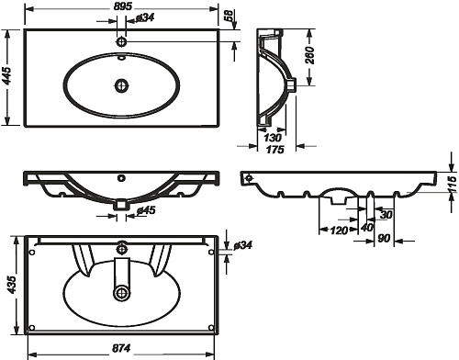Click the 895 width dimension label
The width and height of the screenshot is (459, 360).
click(x=121, y=6)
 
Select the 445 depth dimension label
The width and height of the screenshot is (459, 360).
click(x=6, y=76)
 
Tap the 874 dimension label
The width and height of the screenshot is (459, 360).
click(x=121, y=348)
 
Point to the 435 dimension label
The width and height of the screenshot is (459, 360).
click(x=11, y=285)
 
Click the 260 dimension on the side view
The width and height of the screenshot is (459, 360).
click(x=310, y=55)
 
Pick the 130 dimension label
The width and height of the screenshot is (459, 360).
click(x=273, y=138)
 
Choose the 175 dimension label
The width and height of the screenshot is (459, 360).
click(x=275, y=150)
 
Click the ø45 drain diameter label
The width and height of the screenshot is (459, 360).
click(x=146, y=210)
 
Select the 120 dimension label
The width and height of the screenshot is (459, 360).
click(x=339, y=230)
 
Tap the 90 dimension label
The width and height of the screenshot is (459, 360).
click(x=384, y=238)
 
